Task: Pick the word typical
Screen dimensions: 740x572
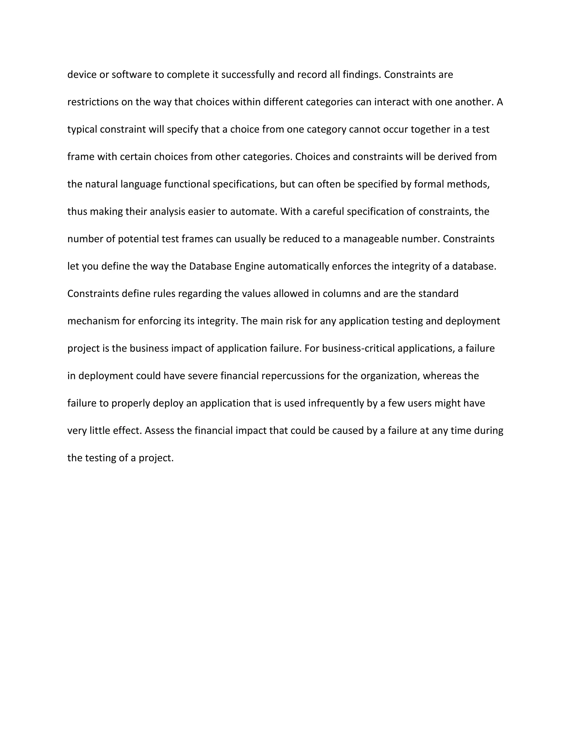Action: click(x=82, y=130)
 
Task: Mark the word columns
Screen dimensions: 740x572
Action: click(x=342, y=294)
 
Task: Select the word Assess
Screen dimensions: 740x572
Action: click(x=159, y=431)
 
